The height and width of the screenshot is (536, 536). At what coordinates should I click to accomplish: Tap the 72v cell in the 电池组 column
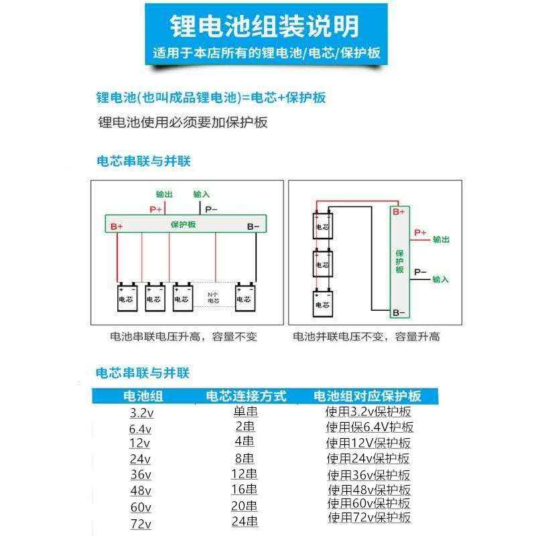pyautogui.click(x=141, y=524)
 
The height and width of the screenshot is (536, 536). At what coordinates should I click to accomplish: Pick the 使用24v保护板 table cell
pyautogui.click(x=368, y=459)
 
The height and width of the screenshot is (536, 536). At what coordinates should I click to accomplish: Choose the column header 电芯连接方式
pyautogui.click(x=246, y=395)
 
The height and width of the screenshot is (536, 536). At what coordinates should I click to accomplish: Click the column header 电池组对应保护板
pyautogui.click(x=368, y=395)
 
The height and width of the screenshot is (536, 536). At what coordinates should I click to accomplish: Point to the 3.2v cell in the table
pyautogui.click(x=141, y=413)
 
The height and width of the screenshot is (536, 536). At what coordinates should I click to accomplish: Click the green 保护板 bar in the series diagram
pyautogui.click(x=185, y=225)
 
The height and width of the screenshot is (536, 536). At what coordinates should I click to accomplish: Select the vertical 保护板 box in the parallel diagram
pyautogui.click(x=399, y=261)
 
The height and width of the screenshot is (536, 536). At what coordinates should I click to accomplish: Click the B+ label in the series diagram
pyautogui.click(x=117, y=226)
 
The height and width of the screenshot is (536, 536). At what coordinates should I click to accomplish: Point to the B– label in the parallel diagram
pyautogui.click(x=399, y=312)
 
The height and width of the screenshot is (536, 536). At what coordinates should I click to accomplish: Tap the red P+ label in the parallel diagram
pyautogui.click(x=420, y=232)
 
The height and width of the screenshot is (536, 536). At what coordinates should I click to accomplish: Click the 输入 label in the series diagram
pyautogui.click(x=202, y=194)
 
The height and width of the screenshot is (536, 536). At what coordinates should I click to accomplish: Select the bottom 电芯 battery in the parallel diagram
pyautogui.click(x=322, y=305)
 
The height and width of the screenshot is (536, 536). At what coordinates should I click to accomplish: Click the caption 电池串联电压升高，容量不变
pyautogui.click(x=184, y=337)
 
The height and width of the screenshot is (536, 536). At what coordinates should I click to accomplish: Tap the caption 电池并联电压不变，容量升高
pyautogui.click(x=366, y=337)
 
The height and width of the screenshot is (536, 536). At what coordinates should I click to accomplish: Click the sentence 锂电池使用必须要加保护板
pyautogui.click(x=183, y=123)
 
